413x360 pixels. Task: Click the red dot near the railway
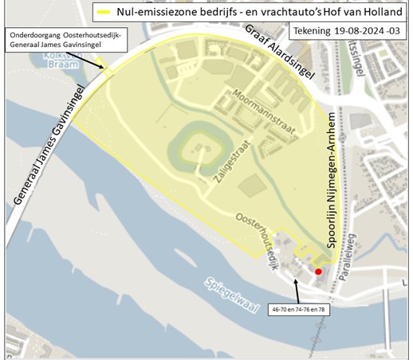coord(318,271)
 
